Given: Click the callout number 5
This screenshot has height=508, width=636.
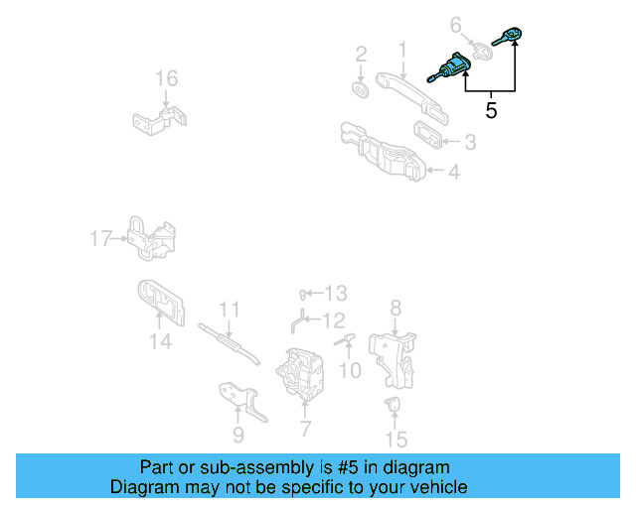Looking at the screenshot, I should coord(491,110).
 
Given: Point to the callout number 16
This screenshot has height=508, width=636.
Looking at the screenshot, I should coord(165,78).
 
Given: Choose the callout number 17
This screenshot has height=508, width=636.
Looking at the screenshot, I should coord(100,238).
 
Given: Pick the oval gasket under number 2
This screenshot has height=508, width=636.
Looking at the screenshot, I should coord(361,90).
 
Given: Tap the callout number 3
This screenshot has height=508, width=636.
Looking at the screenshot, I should coord(468,143).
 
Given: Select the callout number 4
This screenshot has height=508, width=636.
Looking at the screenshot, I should coord(453,172).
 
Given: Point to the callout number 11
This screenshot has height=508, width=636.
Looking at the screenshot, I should coord(230,309).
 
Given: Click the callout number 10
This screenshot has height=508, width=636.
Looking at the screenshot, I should coord(350,371).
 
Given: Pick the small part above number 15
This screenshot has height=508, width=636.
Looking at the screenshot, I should coord(394,404).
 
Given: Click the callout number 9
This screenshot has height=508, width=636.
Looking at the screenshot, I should coord(238,434).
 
